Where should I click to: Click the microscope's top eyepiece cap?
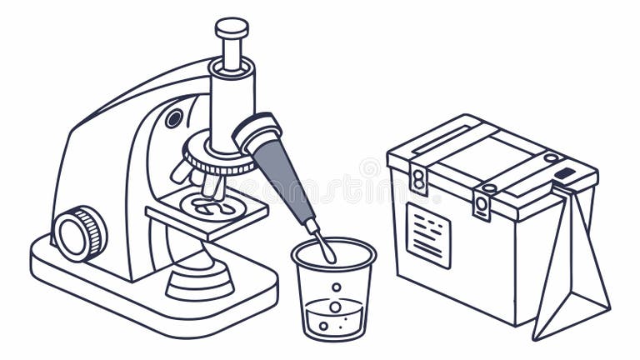tap(232, 27)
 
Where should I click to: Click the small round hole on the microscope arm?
tap(173, 118)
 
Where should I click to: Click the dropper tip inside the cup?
tap(326, 248)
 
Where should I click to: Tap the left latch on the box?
tap(419, 178)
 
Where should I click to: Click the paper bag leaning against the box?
tap(571, 267)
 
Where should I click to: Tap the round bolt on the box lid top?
tap(551, 157)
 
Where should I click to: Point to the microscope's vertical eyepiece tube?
tap(231, 100)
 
